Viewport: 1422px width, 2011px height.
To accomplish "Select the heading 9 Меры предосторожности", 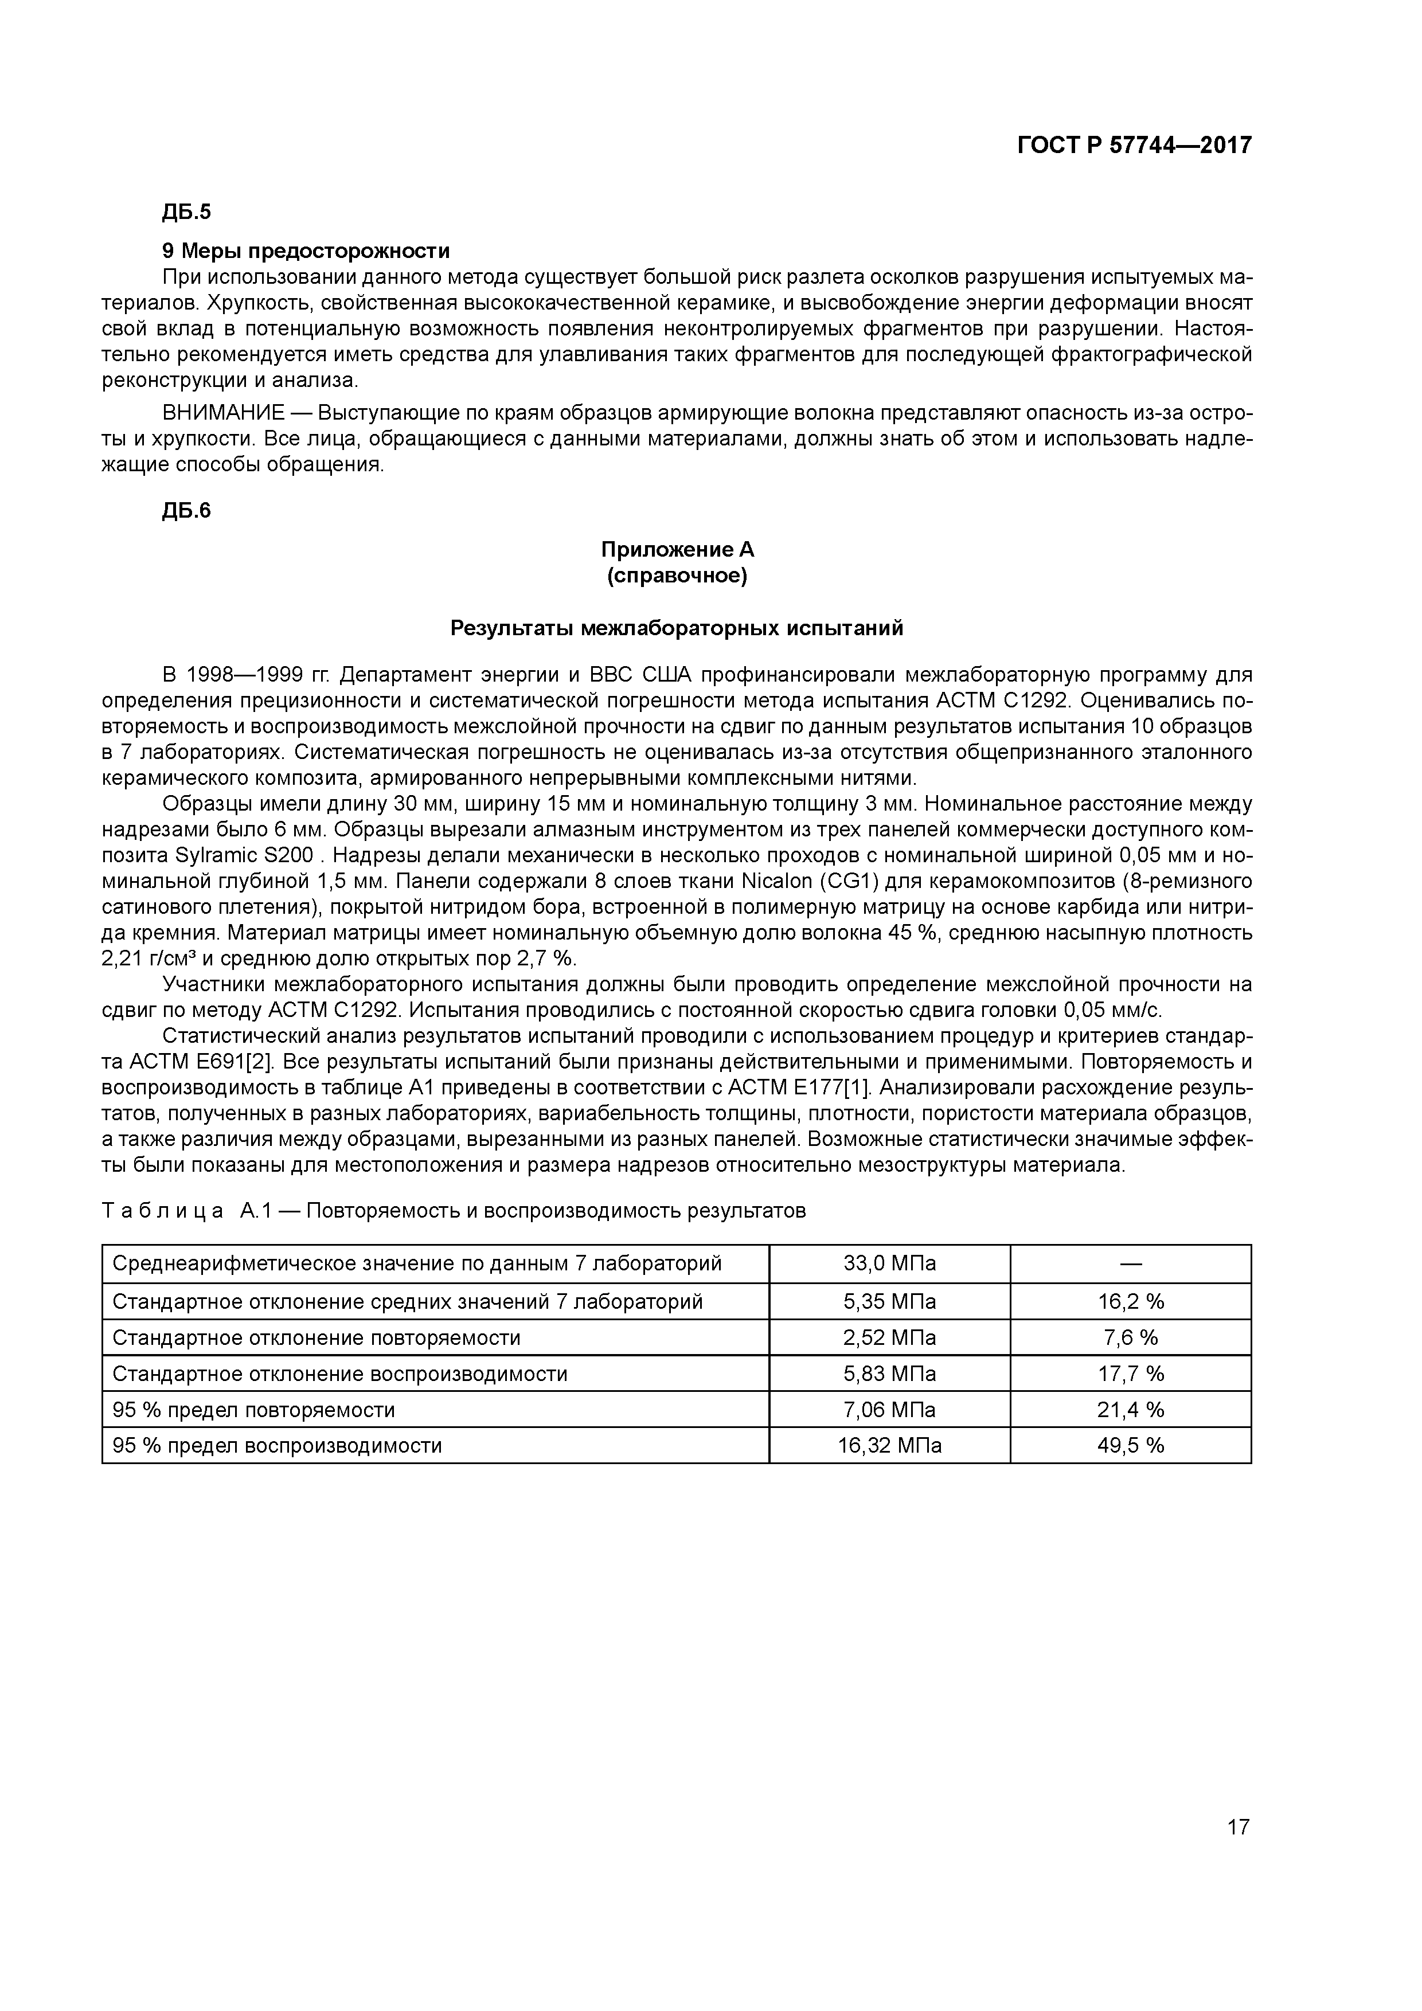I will (306, 251).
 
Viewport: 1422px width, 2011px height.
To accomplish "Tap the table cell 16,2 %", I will (1130, 1301).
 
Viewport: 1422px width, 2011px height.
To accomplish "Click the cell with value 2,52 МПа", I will (889, 1337).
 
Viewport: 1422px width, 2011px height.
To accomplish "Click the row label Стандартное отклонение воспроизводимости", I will (340, 1374).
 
